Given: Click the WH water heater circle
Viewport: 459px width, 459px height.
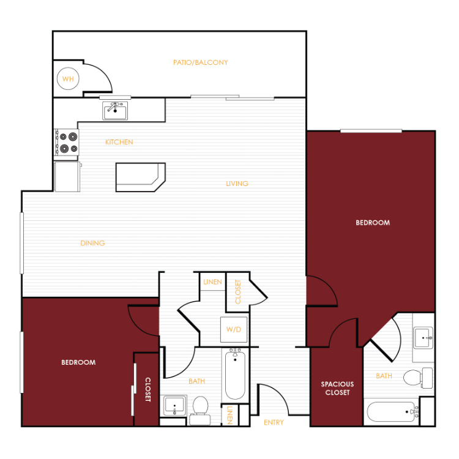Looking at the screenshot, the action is click(x=68, y=79).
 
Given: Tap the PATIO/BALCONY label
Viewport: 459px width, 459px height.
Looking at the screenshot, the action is click(x=201, y=62).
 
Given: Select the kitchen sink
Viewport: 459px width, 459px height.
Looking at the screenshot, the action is click(x=115, y=111).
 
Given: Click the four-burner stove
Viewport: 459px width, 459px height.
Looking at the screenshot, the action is click(x=67, y=143).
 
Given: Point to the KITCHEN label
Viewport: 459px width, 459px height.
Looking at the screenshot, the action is click(x=119, y=142).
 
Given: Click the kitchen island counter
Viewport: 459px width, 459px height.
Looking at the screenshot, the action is click(x=141, y=177).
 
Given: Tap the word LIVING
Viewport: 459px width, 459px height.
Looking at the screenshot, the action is click(x=237, y=184).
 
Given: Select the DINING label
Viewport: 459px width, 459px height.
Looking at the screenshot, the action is click(x=92, y=243).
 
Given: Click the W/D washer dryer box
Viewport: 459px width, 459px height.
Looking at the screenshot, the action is click(x=234, y=330).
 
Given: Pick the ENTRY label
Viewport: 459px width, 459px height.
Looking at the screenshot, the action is click(x=274, y=422).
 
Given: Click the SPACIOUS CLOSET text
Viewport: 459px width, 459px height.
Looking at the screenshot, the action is click(x=337, y=388).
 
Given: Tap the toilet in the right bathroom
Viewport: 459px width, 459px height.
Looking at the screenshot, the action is click(x=418, y=378).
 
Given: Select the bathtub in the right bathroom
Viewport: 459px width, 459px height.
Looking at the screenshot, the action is click(x=393, y=412).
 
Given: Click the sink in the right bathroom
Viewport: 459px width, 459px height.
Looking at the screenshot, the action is click(x=423, y=337).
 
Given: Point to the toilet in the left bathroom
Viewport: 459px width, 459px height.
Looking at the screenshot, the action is click(x=200, y=411).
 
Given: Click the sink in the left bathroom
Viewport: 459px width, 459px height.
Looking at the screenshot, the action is click(x=175, y=405).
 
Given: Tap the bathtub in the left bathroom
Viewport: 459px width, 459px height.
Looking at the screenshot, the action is click(x=235, y=374).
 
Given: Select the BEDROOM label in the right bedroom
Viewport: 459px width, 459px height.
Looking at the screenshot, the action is click(x=373, y=223).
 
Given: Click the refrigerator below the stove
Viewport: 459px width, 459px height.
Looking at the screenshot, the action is click(x=67, y=176).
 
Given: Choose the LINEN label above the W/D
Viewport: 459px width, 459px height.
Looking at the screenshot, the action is click(x=212, y=282).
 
